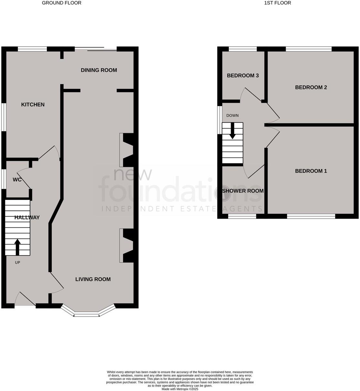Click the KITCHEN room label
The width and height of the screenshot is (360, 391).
pyautogui.click(x=33, y=104)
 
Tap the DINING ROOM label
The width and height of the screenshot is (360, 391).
pyautogui.click(x=99, y=70)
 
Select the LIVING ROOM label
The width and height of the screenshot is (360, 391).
pyautogui.click(x=93, y=279)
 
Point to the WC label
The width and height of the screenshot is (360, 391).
pyautogui.click(x=17, y=179)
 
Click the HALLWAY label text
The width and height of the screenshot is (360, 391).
pyautogui.click(x=27, y=217)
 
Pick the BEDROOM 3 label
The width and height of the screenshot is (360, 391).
pyautogui.click(x=243, y=76)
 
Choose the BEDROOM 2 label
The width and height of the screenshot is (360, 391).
pyautogui.click(x=311, y=87)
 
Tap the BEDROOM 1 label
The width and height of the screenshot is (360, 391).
pyautogui.click(x=311, y=171)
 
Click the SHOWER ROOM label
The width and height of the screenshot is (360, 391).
pyautogui.click(x=243, y=191)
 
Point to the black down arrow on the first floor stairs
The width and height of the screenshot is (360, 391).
pyautogui.click(x=232, y=131)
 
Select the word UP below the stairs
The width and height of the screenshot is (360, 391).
pyautogui.click(x=17, y=263)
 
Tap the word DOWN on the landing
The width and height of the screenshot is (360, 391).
pyautogui.click(x=232, y=115)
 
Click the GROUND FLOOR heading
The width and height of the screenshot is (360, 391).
pyautogui.click(x=62, y=3)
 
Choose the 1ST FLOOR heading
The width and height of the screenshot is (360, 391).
pyautogui.click(x=277, y=3)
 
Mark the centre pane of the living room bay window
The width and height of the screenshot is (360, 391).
pyautogui.click(x=86, y=314)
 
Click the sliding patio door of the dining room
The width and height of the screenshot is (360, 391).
pyautogui.click(x=96, y=49)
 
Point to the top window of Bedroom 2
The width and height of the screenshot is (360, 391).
pyautogui.click(x=309, y=49)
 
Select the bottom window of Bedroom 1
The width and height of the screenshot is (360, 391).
pyautogui.click(x=311, y=216)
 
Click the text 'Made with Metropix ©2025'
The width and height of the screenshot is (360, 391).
pyautogui.click(x=180, y=389)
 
